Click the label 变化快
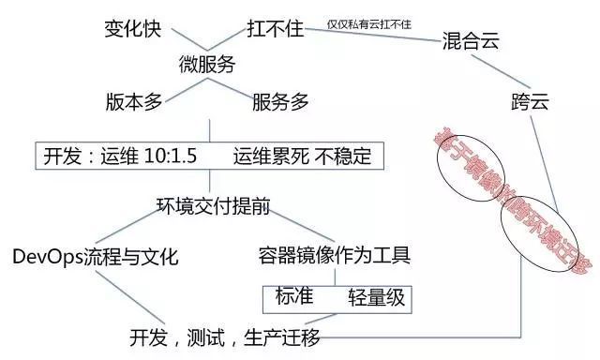[132, 28]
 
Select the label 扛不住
[276, 28]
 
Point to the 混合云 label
[470, 42]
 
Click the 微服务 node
[207, 65]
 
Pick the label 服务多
[280, 102]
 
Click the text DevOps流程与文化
[96, 256]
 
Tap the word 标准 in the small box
[294, 295]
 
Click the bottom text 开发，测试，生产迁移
[229, 337]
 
